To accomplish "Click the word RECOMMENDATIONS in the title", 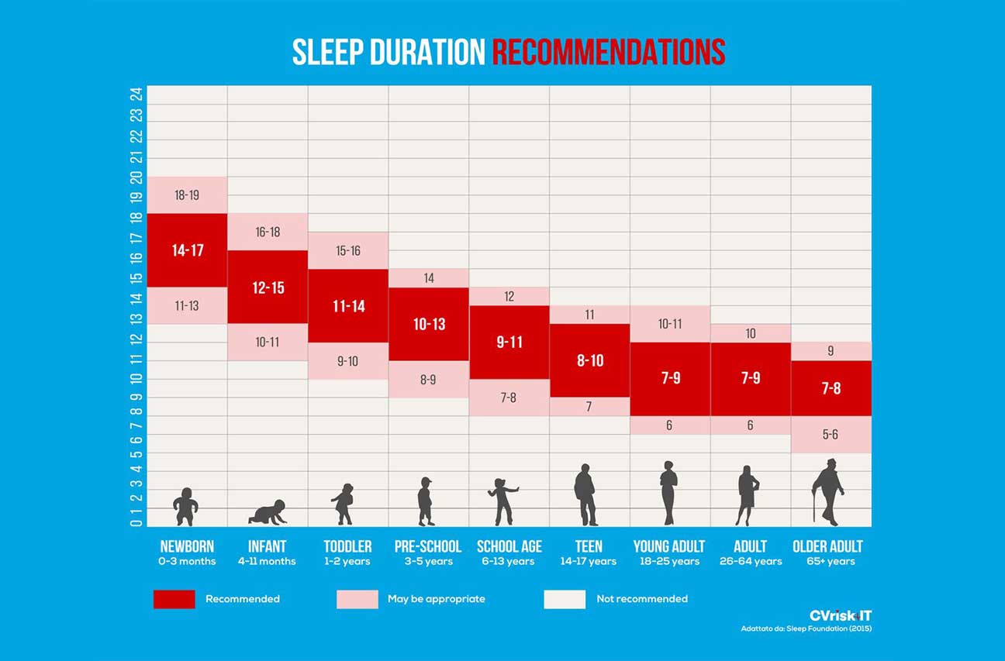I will [x=609, y=52].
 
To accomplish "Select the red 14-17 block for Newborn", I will [x=187, y=250].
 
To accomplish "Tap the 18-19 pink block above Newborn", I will [x=187, y=195].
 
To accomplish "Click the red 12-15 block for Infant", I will [x=268, y=287].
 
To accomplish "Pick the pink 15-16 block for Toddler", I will [x=348, y=250].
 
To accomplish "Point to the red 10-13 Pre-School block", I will [x=429, y=324].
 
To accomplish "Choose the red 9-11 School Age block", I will [x=509, y=342].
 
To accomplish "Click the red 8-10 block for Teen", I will [x=589, y=360].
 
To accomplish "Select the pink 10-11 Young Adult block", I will [x=670, y=324].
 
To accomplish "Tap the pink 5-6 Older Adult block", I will [x=831, y=435].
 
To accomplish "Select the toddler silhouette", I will [x=343, y=504].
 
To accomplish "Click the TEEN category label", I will [x=589, y=546].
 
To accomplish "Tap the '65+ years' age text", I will [x=830, y=562].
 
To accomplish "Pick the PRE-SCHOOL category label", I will [x=428, y=546].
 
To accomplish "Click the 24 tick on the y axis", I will [x=136, y=95].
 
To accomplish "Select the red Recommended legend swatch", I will [x=174, y=599].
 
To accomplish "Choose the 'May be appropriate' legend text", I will [x=436, y=599].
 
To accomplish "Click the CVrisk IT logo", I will [x=841, y=615].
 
